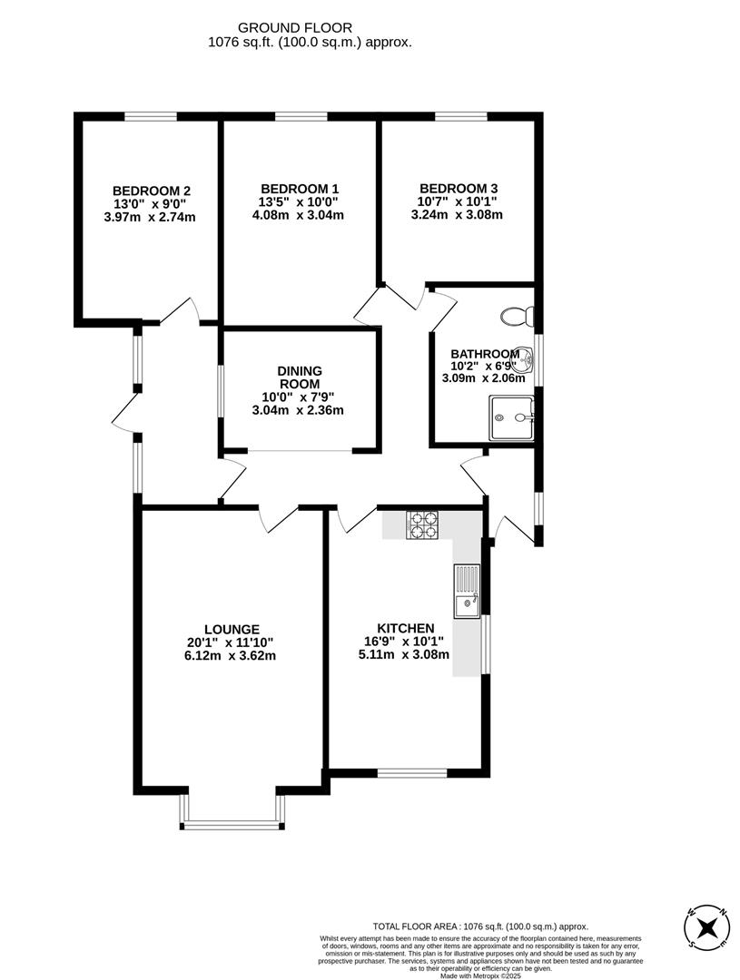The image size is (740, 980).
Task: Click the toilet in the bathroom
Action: click(519, 316)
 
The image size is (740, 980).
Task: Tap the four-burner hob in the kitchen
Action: click(422, 524)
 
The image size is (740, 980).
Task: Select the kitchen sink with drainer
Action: click(467, 591)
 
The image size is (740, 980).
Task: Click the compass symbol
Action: click(706, 927)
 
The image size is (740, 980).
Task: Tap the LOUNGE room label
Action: click(232, 629)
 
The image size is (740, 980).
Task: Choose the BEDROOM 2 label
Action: click(151, 191)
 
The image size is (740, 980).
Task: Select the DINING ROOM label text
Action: click(300, 377)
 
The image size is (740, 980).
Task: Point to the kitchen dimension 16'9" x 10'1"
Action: click(405, 642)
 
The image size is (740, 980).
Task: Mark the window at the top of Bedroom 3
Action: click(461, 116)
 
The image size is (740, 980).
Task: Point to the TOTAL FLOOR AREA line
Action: click(481, 926)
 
